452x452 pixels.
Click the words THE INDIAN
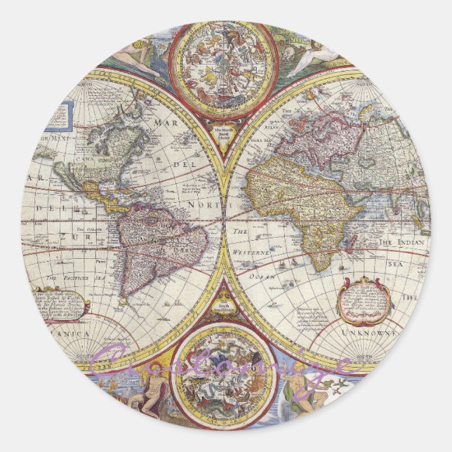click(x=403, y=243)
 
